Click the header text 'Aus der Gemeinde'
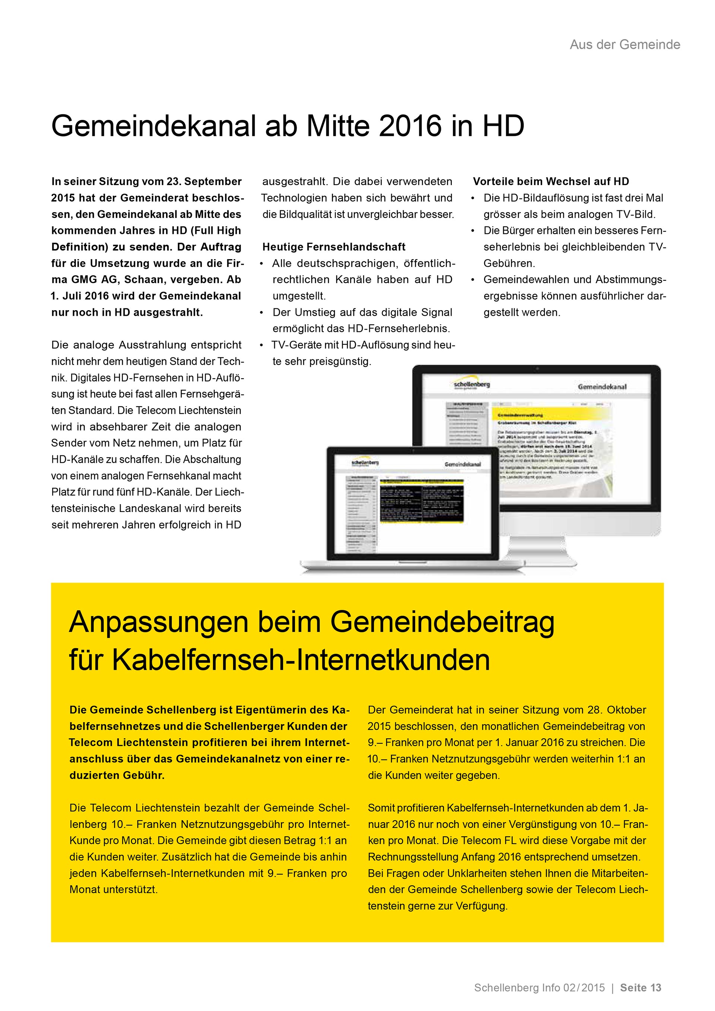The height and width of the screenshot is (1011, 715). click(625, 44)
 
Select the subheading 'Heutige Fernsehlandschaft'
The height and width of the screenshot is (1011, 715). click(334, 247)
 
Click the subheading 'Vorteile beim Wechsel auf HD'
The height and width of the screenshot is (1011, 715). click(551, 181)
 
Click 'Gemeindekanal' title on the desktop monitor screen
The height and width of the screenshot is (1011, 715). click(602, 387)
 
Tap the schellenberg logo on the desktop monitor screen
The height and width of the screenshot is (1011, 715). click(471, 385)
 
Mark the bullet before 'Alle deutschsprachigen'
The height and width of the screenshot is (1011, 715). click(261, 264)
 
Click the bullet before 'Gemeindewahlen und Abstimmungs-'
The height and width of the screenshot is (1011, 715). click(473, 280)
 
